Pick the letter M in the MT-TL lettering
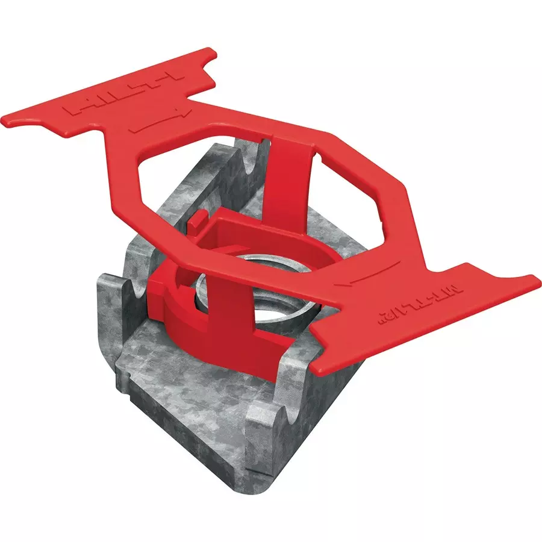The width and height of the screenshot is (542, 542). coord(461,290)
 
